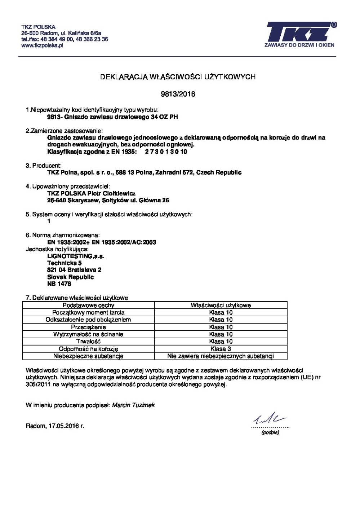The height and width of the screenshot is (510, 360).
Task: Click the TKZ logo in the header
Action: (300, 32)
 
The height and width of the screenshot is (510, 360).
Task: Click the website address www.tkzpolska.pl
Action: (42, 45)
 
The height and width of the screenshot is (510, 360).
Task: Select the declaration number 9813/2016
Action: (178, 94)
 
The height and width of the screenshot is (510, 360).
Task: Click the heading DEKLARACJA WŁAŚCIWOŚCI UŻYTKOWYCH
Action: (178, 77)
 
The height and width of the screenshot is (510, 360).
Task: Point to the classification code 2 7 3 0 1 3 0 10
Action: (166, 152)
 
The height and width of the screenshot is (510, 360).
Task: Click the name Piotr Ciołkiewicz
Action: (112, 194)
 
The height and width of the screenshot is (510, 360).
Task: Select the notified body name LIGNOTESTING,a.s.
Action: (76, 256)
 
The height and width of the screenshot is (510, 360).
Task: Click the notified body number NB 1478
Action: (59, 284)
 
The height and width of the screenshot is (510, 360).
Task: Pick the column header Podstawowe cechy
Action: (88, 305)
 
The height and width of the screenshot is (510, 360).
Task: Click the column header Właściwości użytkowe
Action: (221, 305)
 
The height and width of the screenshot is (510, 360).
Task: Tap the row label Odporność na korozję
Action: (88, 349)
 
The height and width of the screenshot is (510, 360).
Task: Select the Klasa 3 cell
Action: (221, 349)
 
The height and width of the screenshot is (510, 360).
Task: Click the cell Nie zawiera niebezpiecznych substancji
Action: (221, 356)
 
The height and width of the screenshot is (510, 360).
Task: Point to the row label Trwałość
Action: (88, 341)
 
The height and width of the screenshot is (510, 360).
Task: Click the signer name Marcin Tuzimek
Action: (133, 405)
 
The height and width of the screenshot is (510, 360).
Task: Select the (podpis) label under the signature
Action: (270, 432)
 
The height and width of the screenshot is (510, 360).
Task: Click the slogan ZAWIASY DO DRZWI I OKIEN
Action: (299, 45)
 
